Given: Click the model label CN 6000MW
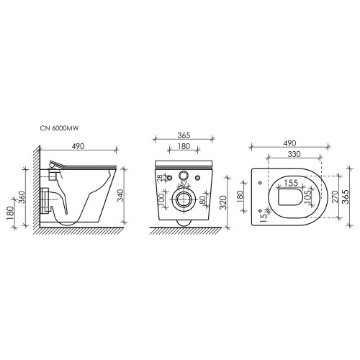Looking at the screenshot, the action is tap(59, 128).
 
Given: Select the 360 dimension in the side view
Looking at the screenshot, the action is tap(22, 197).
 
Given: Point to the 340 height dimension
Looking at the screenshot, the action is tap(120, 195).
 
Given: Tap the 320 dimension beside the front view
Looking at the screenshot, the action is tap(223, 202).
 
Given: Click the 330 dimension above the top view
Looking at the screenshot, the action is tap(294, 154).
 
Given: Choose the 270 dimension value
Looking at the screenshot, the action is tap(335, 197).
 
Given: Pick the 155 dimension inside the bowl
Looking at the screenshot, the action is tap(291, 183).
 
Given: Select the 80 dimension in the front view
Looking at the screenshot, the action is tap(202, 200).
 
